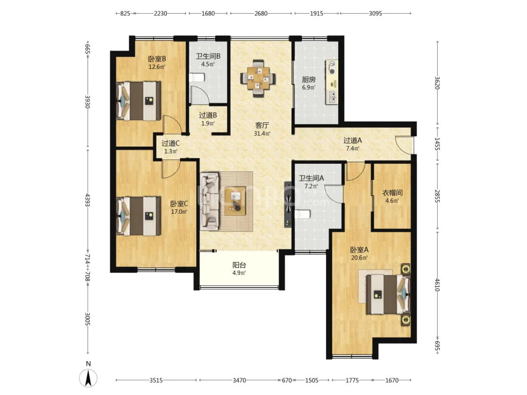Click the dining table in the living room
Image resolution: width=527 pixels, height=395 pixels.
tap(258, 78)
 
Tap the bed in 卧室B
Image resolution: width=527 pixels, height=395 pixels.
tap(139, 101)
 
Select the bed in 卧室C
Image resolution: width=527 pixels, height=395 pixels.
tap(139, 216)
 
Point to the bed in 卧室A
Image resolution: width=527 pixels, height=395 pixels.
tap(388, 294)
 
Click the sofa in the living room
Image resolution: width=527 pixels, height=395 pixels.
tap(209, 201)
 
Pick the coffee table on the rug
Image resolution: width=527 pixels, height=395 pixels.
tap(235, 201)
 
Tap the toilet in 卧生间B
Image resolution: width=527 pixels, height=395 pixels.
tap(197, 78)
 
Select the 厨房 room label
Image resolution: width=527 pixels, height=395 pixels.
tap(308, 79)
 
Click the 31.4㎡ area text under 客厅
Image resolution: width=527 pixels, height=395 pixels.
tap(262, 133)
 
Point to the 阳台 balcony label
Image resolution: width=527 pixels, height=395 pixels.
tap(239, 265)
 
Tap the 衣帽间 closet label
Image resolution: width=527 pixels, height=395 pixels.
tap(392, 193)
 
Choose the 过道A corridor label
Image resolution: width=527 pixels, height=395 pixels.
tap(353, 140)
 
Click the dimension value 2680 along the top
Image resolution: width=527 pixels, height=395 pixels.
tap(261, 14)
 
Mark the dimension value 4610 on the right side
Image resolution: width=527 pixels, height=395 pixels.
tap(437, 284)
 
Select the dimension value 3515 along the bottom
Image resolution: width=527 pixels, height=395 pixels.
tap(156, 380)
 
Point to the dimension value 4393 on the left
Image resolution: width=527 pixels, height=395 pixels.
tap(87, 200)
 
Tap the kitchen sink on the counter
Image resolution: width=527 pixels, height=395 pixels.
tap(332, 97)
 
